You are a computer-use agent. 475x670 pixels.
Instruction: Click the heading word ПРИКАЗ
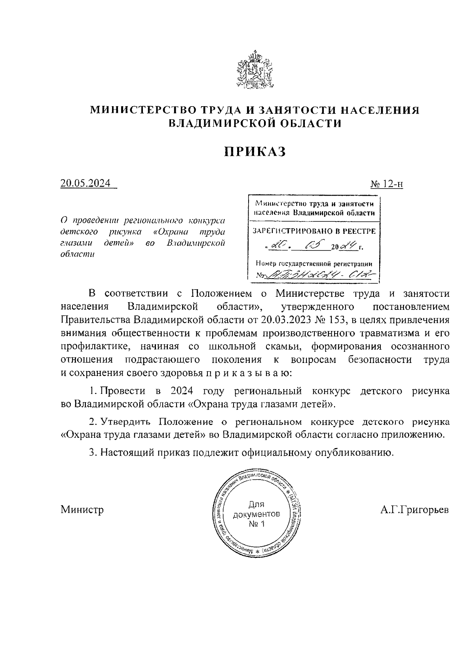pos(255,152)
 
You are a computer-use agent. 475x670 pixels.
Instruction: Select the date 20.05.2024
pos(85,183)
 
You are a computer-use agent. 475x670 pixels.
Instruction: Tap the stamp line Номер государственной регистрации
pos(314,263)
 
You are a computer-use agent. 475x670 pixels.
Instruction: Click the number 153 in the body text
pos(336,320)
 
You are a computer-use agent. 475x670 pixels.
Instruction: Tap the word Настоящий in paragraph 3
pos(126,452)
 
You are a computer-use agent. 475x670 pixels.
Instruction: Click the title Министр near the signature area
pos(82,510)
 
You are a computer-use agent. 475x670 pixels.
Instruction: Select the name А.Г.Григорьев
pos(414,510)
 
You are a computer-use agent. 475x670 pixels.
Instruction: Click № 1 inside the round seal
pos(256,524)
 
